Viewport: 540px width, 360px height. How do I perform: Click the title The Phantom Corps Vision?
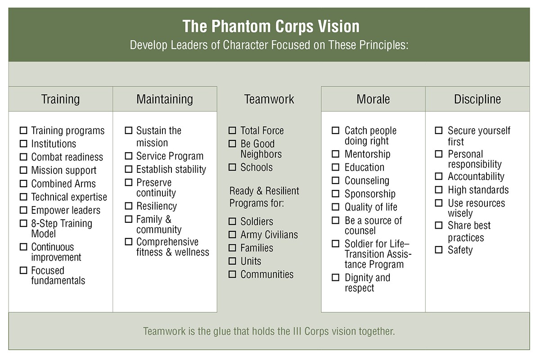[x=271, y=26]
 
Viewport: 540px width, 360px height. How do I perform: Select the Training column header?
[x=60, y=99]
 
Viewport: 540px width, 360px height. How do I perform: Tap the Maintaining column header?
[x=165, y=99]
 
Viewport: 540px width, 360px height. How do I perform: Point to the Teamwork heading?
[x=269, y=99]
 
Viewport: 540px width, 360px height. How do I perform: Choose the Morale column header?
[x=373, y=99]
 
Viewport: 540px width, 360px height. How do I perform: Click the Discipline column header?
[x=477, y=99]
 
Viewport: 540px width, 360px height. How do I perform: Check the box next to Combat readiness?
[x=23, y=157]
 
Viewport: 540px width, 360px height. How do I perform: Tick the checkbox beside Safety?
[x=439, y=250]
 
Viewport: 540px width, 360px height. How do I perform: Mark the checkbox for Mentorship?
[x=336, y=154]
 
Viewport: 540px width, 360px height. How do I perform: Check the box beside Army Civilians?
[x=232, y=234]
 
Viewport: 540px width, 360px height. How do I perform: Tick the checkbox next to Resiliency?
[x=129, y=206]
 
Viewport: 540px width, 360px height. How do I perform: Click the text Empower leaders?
[x=66, y=210]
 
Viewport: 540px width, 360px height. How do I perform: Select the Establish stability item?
[x=171, y=169]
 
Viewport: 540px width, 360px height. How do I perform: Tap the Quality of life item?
[x=371, y=207]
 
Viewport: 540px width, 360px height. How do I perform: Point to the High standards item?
[x=478, y=190]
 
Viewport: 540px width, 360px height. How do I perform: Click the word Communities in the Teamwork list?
[x=267, y=274]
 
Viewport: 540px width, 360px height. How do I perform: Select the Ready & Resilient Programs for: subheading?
[x=264, y=197]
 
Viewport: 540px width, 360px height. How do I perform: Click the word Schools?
[x=256, y=167]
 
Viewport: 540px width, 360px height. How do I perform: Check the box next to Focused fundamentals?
[x=23, y=270]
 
